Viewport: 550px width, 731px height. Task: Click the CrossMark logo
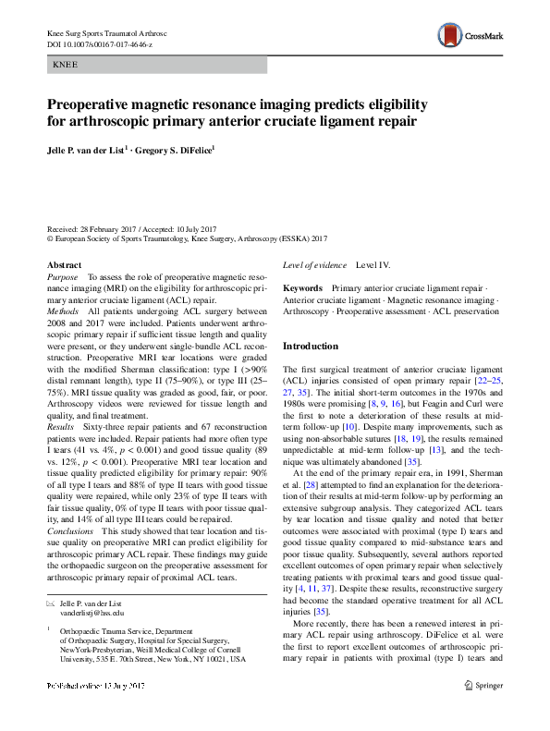(470, 33)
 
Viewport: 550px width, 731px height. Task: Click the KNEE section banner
(156, 65)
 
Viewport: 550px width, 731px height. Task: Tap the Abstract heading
(64, 264)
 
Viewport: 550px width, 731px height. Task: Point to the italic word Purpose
(62, 276)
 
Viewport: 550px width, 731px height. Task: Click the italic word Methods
(63, 313)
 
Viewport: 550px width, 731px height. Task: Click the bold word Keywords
(302, 288)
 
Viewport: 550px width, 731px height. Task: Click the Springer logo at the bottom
(484, 711)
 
